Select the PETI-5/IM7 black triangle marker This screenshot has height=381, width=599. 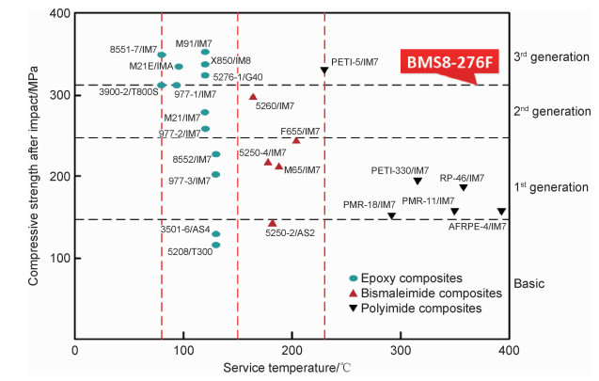coord(324,71)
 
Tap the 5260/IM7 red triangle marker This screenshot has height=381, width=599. coord(253,97)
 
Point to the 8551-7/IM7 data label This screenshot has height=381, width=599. coord(133,49)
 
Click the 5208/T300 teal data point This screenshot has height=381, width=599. coord(215,245)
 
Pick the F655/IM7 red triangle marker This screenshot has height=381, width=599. coord(296,140)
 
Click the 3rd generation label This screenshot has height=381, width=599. coord(552,56)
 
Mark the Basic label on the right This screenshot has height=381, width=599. coord(530,283)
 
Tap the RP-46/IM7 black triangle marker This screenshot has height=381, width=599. coord(463,188)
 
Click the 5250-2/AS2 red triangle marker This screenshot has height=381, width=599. coord(273,223)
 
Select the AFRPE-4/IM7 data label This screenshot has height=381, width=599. coord(477,227)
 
